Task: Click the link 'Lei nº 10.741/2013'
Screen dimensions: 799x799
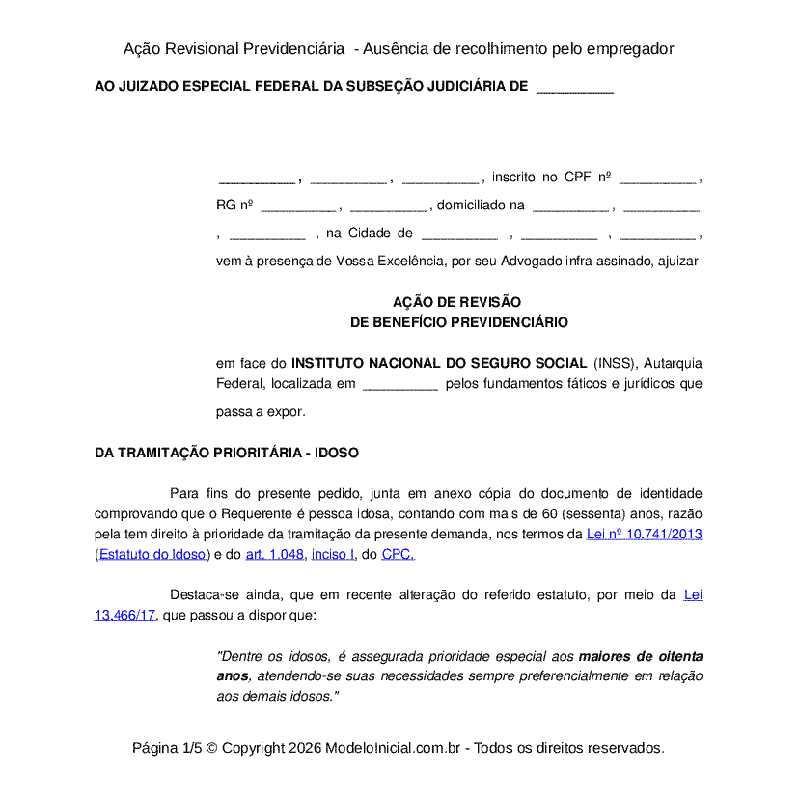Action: [644, 534]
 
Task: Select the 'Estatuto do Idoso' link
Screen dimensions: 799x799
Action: [152, 554]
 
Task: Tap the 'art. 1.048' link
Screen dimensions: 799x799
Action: [275, 554]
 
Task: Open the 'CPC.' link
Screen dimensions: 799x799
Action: [399, 554]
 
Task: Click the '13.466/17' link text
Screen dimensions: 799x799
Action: [124, 615]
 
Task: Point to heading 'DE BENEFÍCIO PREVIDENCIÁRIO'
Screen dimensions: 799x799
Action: [458, 322]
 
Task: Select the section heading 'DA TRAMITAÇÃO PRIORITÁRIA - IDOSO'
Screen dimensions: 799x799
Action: [227, 453]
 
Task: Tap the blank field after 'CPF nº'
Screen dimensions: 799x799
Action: [657, 178]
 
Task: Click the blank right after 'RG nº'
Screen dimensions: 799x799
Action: [298, 206]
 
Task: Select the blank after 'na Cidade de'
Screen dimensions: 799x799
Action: [459, 234]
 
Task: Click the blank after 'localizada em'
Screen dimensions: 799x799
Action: [399, 384]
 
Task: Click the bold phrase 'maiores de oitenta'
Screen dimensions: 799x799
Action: [640, 656]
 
